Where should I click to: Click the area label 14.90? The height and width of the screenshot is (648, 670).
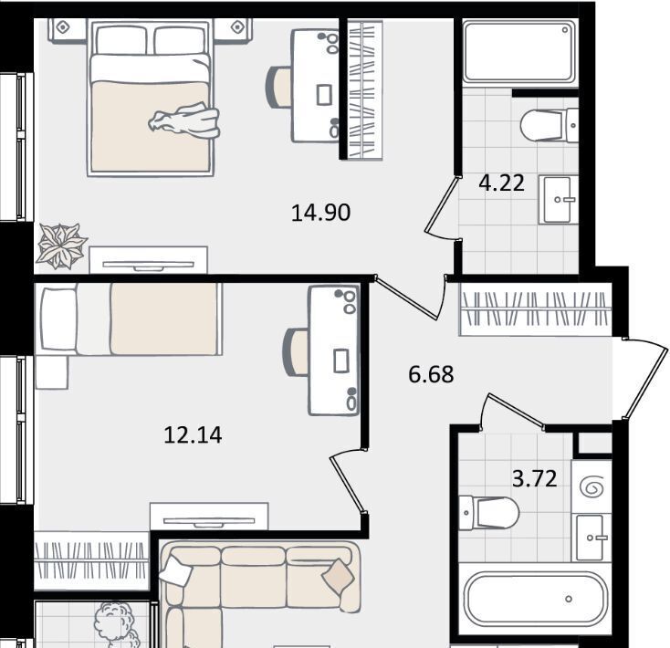tap(320, 213)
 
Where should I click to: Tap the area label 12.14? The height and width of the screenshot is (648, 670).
tap(193, 435)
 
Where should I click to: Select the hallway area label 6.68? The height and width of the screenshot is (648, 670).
tap(431, 374)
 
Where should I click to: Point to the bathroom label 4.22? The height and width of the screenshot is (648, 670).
tap(501, 183)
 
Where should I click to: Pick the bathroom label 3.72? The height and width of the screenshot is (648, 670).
tap(535, 478)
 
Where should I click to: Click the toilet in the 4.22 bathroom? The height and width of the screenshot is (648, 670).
tap(550, 126)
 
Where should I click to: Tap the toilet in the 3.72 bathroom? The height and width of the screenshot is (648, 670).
tap(489, 513)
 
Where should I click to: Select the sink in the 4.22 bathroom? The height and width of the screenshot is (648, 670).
tap(559, 199)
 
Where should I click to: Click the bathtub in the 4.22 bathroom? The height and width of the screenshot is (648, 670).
tap(519, 52)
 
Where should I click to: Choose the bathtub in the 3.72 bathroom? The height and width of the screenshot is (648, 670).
tap(536, 599)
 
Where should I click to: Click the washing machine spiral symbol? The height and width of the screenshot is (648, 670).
tap(591, 486)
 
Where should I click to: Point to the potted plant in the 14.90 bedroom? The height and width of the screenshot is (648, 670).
tap(61, 246)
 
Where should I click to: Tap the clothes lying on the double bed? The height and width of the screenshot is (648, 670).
tap(184, 120)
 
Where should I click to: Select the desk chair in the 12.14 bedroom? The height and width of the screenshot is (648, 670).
tap(296, 352)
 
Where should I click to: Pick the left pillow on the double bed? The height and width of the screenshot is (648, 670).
tap(121, 40)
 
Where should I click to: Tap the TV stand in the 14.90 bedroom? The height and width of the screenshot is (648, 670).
tap(148, 260)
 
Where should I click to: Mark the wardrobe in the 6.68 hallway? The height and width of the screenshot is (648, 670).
tap(535, 309)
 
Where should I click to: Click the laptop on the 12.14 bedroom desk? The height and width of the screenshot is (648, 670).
tap(341, 361)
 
